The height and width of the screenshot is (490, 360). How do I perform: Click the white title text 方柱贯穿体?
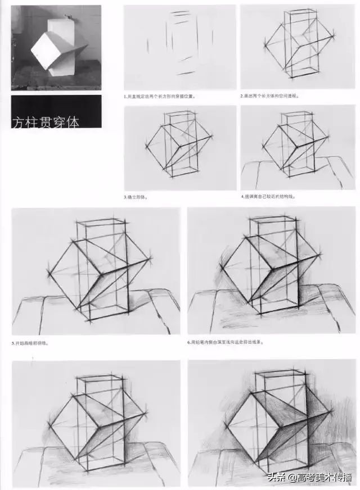tap(46, 121)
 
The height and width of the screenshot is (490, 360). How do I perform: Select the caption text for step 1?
tap(160, 96)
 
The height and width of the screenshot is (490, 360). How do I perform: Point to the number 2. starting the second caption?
tap(242, 96)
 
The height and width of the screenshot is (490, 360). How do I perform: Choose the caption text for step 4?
tap(269, 197)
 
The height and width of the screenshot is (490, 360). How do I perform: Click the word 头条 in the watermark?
tap(276, 478)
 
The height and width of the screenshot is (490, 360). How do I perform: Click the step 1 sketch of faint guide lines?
tap(179, 47)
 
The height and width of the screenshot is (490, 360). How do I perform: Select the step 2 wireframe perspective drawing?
tap(298, 47)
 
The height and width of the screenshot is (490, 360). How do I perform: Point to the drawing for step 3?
tap(179, 147)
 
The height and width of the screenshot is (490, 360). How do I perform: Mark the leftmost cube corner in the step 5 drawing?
tap(49, 274)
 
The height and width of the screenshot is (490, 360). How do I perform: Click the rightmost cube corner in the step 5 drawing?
tap(151, 260)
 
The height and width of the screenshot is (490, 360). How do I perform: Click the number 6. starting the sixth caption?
tap(190, 342)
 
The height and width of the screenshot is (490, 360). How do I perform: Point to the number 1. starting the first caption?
tap(125, 96)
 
